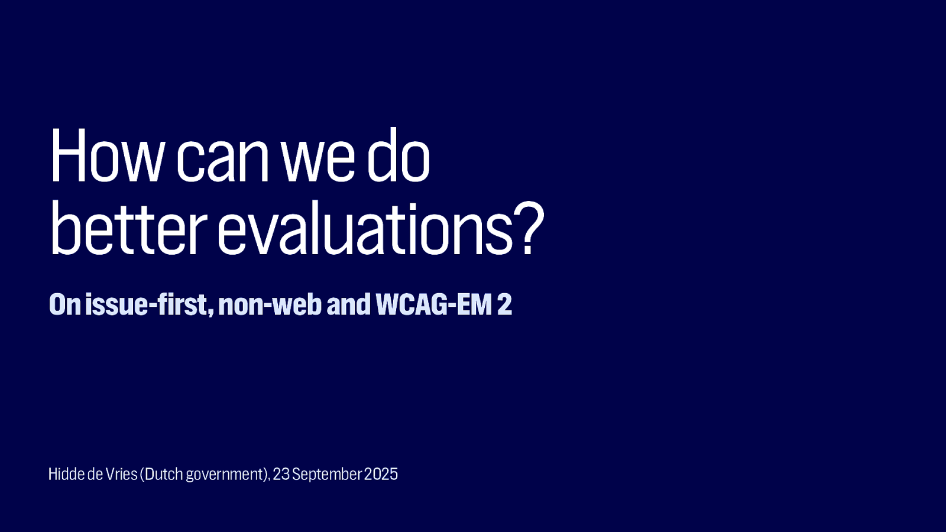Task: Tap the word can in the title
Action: pos(222,163)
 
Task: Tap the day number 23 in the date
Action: pos(281,474)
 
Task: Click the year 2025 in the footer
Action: pos(381,474)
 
